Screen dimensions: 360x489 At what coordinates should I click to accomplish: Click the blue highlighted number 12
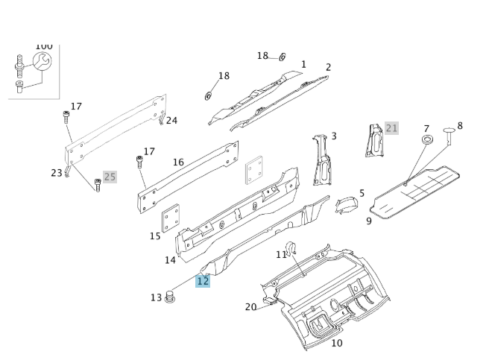pos(203,281)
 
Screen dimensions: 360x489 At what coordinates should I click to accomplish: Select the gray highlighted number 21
pos(391,128)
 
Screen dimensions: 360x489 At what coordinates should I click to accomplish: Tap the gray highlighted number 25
pos(110,177)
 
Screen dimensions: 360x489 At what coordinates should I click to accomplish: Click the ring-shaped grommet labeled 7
pos(427,140)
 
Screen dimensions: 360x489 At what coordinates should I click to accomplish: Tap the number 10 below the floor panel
pos(336,343)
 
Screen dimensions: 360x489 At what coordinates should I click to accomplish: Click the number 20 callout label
pos(250,307)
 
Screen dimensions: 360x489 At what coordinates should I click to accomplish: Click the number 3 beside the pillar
pos(334,136)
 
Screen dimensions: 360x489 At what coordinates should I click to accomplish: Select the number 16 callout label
pos(178,162)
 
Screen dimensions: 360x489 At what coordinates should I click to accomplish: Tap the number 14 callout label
pos(170,260)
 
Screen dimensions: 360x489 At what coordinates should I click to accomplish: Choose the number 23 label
pos(57,173)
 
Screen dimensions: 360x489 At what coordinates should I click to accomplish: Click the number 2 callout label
pos(328,67)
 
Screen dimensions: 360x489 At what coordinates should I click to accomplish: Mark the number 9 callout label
pos(368,221)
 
